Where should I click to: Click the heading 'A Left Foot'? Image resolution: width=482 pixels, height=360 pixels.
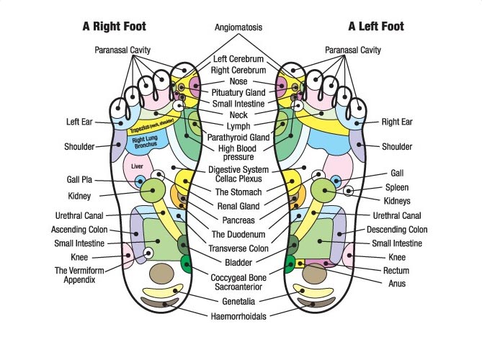375,27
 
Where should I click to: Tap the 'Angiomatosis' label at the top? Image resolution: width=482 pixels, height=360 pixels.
238,28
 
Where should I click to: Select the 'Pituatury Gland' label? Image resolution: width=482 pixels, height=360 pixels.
238,92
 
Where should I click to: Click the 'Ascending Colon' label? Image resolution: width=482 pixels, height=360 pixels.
79,230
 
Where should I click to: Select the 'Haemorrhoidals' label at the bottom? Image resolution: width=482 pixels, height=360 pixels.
238,316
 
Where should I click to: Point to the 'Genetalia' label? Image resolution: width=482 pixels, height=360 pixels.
238,299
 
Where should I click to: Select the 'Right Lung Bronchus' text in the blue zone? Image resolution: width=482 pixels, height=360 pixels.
146,142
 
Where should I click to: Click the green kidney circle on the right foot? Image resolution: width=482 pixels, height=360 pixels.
153,191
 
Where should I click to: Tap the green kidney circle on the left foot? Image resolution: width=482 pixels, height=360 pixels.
324,191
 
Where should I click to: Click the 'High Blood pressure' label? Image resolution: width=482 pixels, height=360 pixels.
238,152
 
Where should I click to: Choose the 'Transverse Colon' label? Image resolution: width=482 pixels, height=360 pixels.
238,248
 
